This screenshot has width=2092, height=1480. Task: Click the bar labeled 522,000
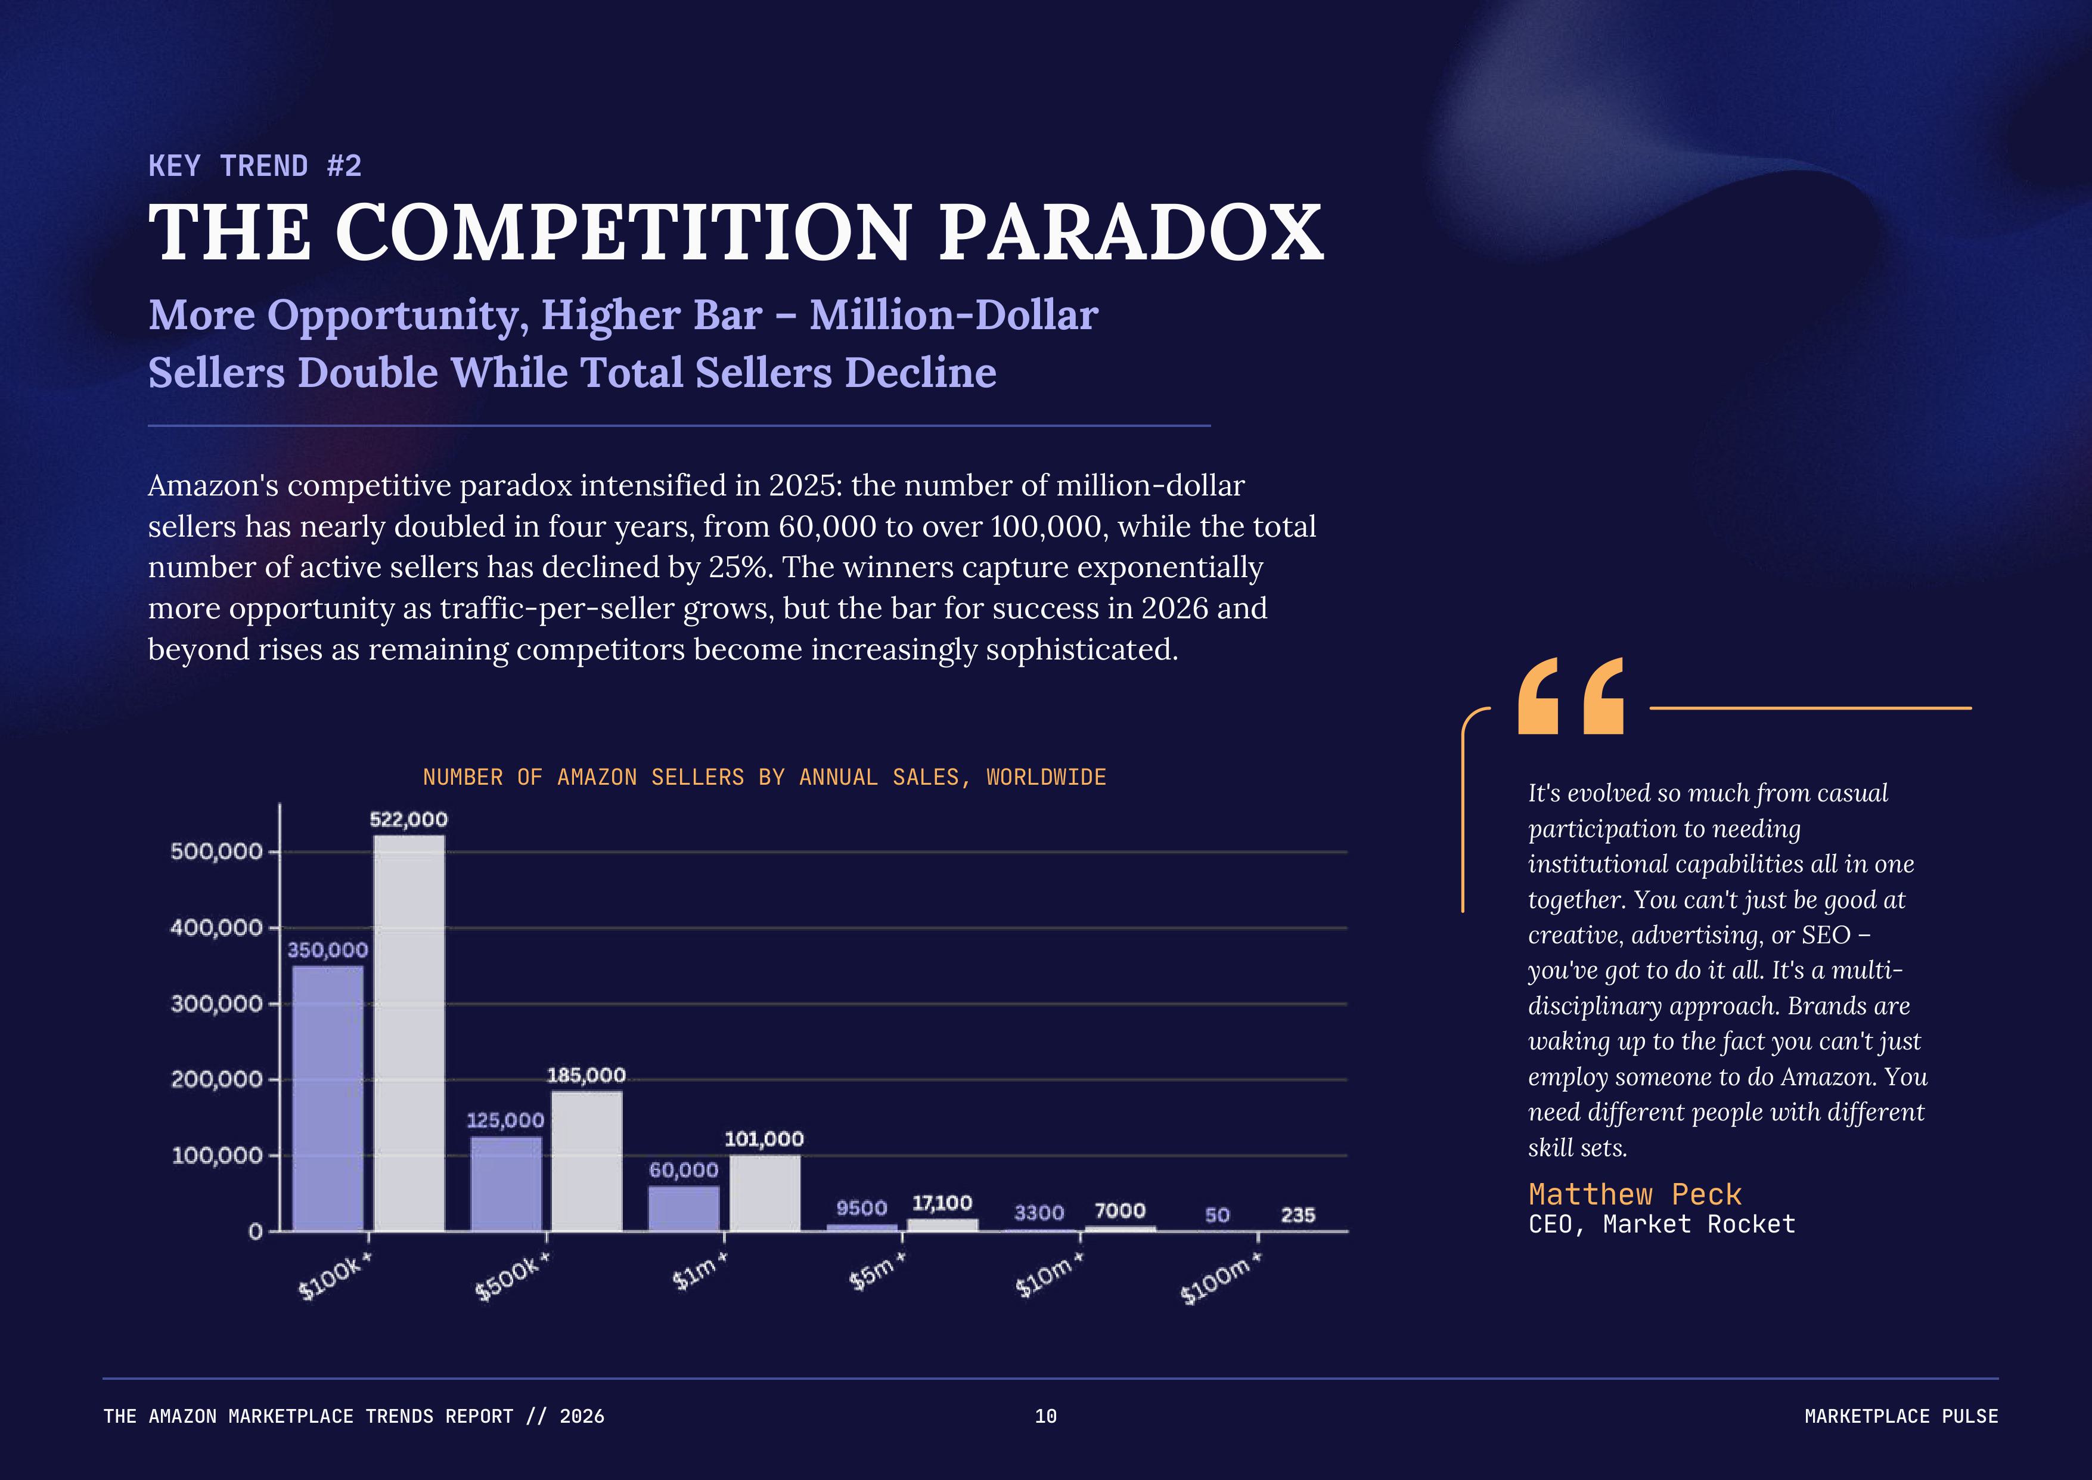[409, 1033]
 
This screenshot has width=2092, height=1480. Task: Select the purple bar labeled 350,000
[327, 1098]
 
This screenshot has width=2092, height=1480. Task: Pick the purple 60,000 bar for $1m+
[684, 1207]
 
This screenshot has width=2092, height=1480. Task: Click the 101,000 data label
[763, 1139]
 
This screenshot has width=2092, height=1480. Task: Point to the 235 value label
[1298, 1215]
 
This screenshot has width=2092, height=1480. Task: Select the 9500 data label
[861, 1209]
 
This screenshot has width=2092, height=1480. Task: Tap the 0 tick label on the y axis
[255, 1232]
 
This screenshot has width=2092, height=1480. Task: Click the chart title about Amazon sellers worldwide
[763, 778]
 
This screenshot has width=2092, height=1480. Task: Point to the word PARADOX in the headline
[1130, 233]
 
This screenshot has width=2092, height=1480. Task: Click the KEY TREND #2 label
[255, 166]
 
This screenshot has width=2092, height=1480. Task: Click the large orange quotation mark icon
[1571, 695]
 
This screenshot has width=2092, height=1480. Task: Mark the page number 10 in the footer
[1045, 1416]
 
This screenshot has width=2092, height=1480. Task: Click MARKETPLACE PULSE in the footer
[1901, 1416]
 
